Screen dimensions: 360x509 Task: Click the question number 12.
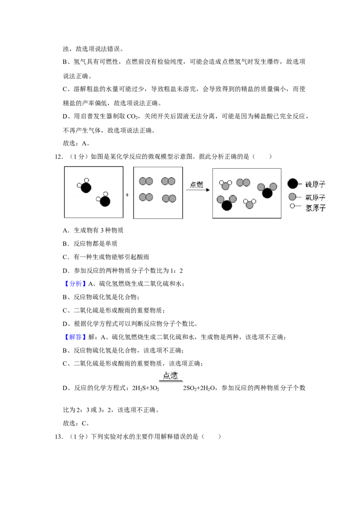58,157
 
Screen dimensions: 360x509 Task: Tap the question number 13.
58,437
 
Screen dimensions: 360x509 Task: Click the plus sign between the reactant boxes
127,195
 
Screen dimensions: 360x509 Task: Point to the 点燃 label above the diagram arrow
197,184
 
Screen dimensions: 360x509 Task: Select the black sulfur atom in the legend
293,184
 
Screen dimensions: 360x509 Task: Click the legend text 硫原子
315,184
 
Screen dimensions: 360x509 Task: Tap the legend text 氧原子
315,197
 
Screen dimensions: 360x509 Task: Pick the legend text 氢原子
315,208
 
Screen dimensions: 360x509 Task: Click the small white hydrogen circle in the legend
292,206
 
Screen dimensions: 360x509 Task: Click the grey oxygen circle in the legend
292,196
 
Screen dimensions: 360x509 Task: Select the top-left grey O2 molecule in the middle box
146,181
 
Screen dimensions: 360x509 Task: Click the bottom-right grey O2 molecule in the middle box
169,198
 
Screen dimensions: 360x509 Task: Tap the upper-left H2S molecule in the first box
85,186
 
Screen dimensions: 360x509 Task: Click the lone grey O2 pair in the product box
243,183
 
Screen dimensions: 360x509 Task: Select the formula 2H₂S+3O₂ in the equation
145,388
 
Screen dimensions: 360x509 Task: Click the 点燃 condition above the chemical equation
171,376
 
